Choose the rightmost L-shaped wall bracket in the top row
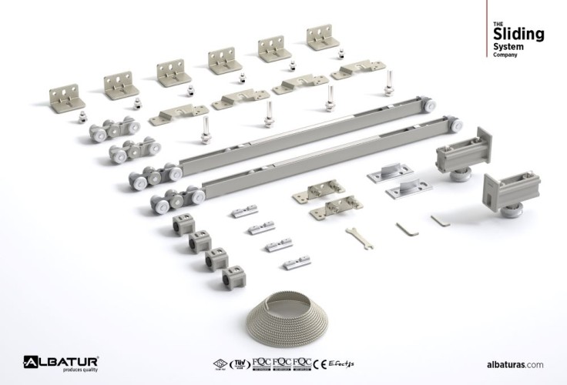(x=323, y=36)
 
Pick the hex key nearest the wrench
(x=405, y=229)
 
